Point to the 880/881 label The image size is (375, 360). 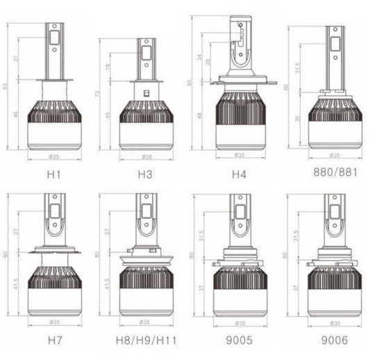(x=335, y=172)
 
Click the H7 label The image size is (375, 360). (x=54, y=341)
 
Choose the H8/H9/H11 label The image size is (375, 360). (x=146, y=341)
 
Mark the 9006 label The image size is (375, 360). (x=335, y=341)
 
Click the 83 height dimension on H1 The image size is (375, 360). (x=7, y=86)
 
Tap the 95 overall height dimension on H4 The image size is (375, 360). (x=190, y=83)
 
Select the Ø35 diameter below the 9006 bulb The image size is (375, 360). (x=335, y=322)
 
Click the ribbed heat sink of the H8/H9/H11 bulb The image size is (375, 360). (x=146, y=277)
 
